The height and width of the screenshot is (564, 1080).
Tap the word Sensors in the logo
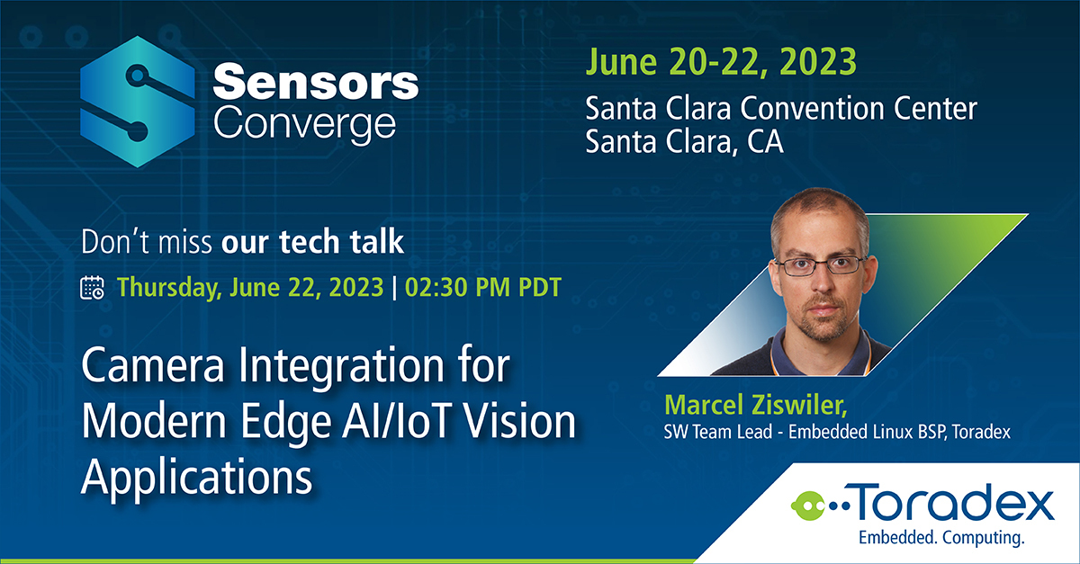point(316,85)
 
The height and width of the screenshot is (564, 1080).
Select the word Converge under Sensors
point(304,123)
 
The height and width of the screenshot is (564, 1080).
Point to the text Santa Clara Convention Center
point(781,110)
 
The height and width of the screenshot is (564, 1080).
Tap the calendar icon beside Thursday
point(93,288)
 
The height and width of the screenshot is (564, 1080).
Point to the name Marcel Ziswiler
point(730,401)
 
